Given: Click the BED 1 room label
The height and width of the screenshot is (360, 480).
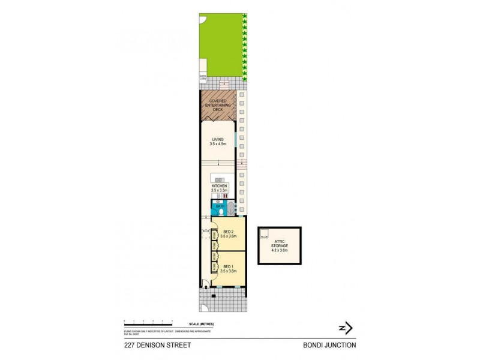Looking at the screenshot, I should pos(227,266).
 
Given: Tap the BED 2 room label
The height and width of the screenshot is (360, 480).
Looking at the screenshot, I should pos(227,232).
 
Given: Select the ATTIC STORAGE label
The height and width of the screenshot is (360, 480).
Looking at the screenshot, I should pos(280,243).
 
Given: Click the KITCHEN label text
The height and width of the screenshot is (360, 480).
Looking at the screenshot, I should pos(220,187).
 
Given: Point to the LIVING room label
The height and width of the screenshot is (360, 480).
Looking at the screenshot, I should pos(217,140).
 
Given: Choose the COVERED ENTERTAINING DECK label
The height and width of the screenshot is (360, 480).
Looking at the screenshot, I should pos(218,105).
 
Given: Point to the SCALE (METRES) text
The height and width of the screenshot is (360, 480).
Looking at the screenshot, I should pos(200,324).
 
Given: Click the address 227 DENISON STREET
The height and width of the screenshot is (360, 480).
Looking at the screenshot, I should pos(152,344).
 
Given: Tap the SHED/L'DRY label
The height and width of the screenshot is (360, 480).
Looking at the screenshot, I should pos(203,77).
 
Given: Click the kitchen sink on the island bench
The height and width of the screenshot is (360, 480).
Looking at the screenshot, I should pos(220,180).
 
